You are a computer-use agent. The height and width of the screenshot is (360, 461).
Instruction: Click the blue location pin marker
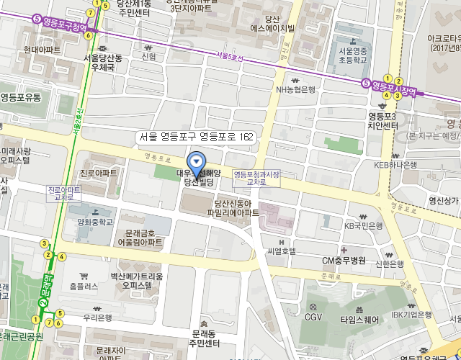click(195, 162)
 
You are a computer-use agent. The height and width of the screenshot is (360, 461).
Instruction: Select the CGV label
click(313, 316)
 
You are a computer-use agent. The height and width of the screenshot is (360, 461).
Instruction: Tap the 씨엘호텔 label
click(281, 251)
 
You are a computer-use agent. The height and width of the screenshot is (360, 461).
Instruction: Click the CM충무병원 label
click(344, 260)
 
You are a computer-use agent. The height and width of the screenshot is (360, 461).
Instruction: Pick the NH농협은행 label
click(295, 89)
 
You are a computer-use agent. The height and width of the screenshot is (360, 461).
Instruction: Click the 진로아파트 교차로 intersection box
click(63, 193)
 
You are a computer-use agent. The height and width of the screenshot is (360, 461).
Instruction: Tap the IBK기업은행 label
click(411, 315)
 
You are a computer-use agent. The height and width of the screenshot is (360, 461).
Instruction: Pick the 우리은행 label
click(97, 317)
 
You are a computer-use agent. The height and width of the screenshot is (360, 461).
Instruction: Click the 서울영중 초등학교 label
click(353, 55)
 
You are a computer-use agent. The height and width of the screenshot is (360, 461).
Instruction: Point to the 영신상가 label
click(443, 201)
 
